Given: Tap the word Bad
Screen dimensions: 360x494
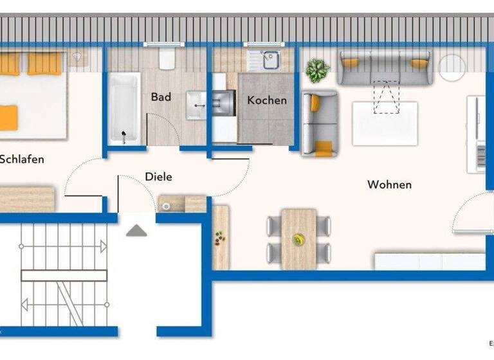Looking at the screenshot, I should pos(161,97).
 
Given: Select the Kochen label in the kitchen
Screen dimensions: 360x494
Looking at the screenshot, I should pos(267,100).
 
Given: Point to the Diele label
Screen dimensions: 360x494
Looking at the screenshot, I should pos(158,176).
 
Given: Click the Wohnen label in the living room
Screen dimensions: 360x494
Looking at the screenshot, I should pos(389,184).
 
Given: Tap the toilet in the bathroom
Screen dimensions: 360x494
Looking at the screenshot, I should pos(167,60).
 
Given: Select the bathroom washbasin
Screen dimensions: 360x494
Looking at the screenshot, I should pos(196,105).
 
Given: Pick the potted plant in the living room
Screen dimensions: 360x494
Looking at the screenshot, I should pos(316,70).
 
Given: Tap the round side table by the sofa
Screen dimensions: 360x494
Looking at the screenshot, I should pos(452,67).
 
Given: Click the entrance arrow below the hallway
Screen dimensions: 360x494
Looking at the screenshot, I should pos(136,230).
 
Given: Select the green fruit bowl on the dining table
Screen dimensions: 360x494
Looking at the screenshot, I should pos(298,240).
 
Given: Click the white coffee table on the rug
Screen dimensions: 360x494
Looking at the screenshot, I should pos(385,123).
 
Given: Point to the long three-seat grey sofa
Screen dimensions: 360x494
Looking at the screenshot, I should pos(384,67).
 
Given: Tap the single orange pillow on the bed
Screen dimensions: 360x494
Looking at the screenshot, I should pos(7,117).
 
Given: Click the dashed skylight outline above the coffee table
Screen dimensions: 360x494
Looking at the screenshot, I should pos(386,97).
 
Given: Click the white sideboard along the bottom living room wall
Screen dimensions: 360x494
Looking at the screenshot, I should pos(430,261).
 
